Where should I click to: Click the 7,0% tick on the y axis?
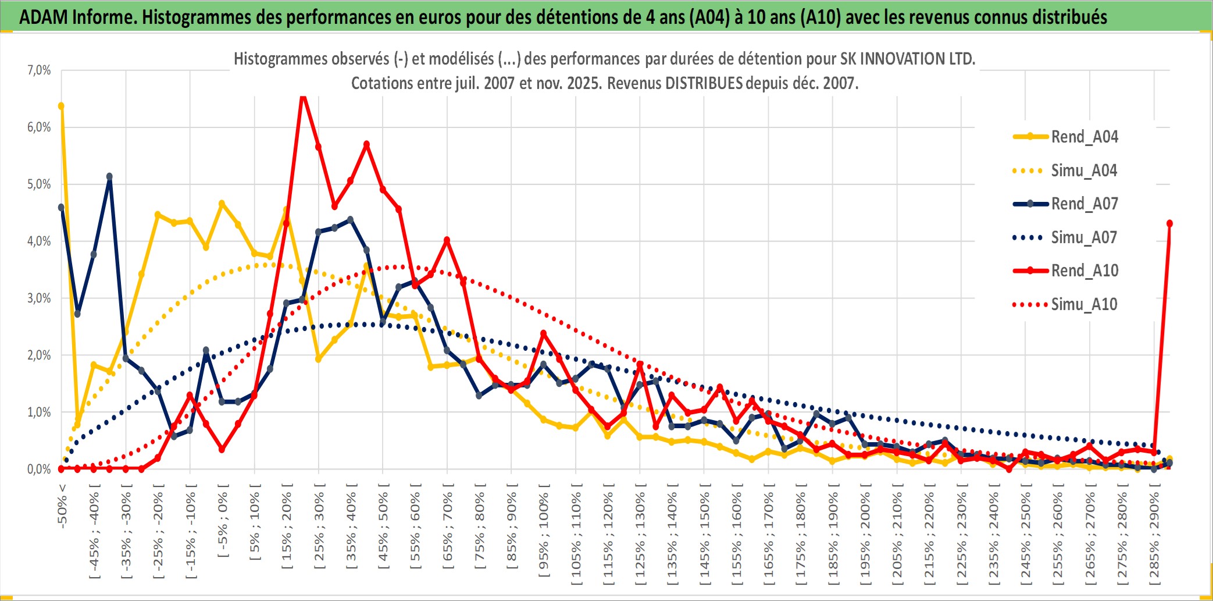(x=39, y=70)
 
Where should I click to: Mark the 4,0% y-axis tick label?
(x=39, y=241)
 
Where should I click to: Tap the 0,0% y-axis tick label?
(x=39, y=469)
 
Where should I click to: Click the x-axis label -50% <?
(x=62, y=506)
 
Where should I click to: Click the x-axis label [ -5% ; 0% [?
(x=223, y=521)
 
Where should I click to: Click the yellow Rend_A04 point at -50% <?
(x=61, y=106)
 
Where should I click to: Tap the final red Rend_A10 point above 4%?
(x=1169, y=223)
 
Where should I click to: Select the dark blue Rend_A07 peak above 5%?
(x=109, y=176)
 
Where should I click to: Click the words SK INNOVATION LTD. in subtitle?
(x=907, y=59)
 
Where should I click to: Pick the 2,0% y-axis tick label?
(x=39, y=355)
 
